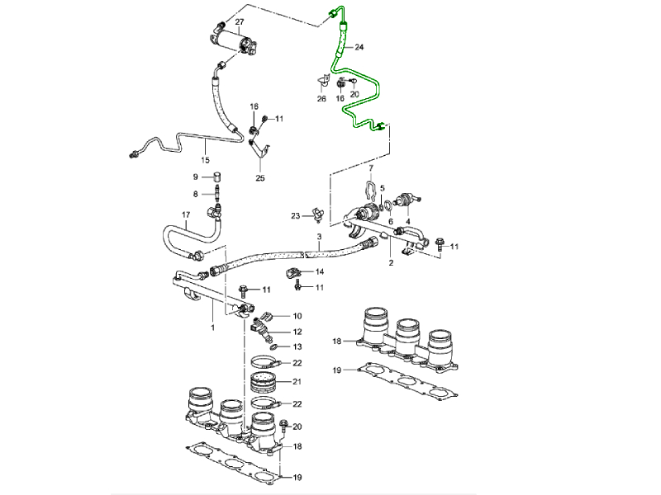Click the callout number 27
click(240, 21)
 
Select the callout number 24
click(359, 47)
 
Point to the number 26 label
click(321, 99)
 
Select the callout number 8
click(196, 194)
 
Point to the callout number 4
click(408, 219)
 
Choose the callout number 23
click(295, 217)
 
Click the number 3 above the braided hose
click(319, 237)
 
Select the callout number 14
click(319, 271)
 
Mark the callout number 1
click(212, 328)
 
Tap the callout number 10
click(297, 315)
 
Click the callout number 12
click(297, 332)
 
